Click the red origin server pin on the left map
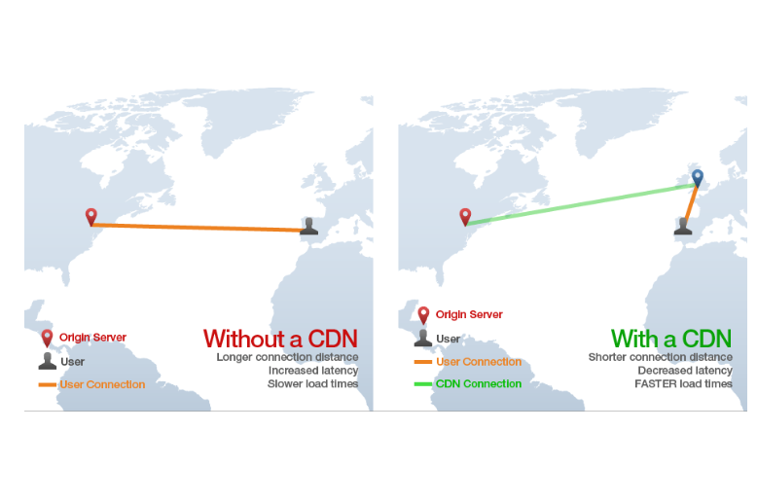[91, 216]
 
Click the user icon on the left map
[308, 226]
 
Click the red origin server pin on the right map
[465, 217]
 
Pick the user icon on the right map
[683, 226]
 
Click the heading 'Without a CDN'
[280, 339]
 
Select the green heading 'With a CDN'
[671, 339]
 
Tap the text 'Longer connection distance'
[287, 357]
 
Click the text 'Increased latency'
[312, 371]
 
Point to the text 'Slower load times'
[312, 384]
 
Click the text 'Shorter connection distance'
[660, 357]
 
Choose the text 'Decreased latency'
[685, 371]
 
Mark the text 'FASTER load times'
[683, 384]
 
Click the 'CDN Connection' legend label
[478, 383]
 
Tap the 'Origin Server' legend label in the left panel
[92, 338]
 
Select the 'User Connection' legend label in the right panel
[478, 362]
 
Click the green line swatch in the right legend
[422, 384]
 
